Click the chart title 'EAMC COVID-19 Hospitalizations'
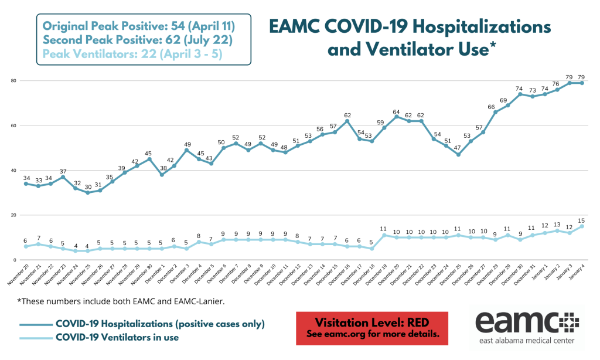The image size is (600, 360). point(410,26)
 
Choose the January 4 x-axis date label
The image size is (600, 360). point(577,273)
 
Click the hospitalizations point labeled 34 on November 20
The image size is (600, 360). point(25,184)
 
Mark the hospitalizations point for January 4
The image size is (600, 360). point(582,83)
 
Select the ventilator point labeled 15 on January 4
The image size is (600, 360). point(582,226)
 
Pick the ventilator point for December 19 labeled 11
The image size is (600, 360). point(384,236)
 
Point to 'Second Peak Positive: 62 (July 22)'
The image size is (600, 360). point(138,40)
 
